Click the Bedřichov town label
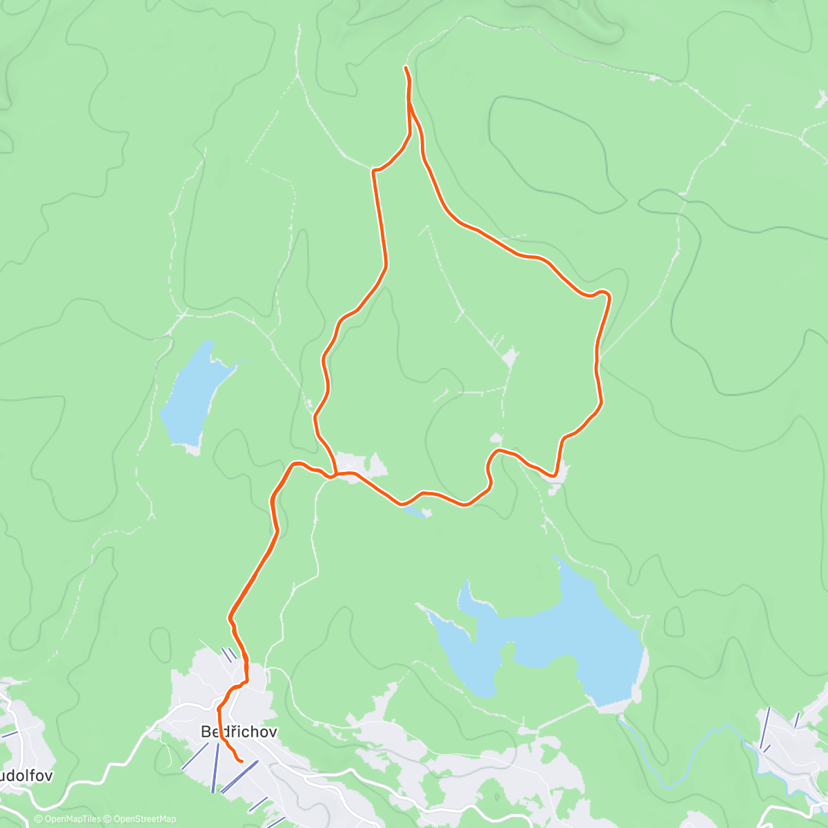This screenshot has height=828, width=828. coord(239,732)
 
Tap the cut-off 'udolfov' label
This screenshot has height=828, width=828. coord(26,775)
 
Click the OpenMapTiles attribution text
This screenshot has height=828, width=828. coord(68,819)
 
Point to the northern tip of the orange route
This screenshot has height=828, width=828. coord(405,67)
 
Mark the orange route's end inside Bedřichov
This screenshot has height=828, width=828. coord(241,761)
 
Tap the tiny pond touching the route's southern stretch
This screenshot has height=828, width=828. coord(414,511)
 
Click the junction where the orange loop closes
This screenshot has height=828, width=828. coord(335,475)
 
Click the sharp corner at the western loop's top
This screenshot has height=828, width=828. coord(374,170)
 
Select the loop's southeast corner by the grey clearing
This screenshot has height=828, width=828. coord(554,475)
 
